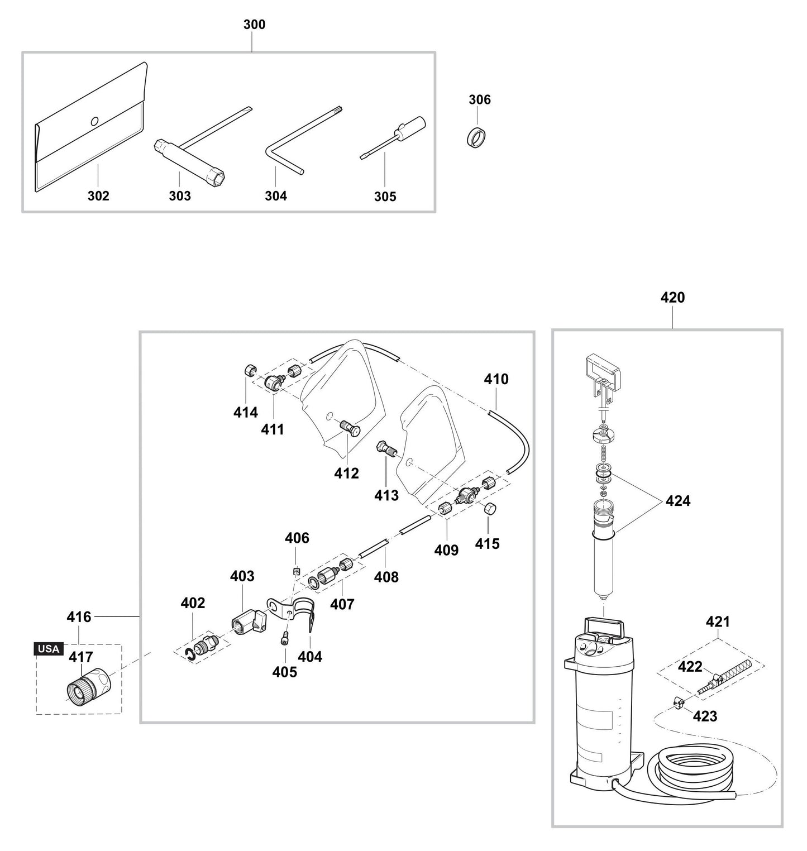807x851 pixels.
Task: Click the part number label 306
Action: coord(479,99)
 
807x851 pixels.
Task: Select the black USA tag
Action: coord(49,649)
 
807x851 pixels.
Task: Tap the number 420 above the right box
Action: coord(672,298)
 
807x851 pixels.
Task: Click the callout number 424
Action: coord(677,501)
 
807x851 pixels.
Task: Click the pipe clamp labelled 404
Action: coord(304,613)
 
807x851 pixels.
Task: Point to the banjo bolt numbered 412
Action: coord(349,429)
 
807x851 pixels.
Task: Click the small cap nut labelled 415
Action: coord(489,509)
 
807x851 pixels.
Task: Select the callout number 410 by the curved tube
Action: coord(496,379)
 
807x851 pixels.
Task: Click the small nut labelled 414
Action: coord(250,370)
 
